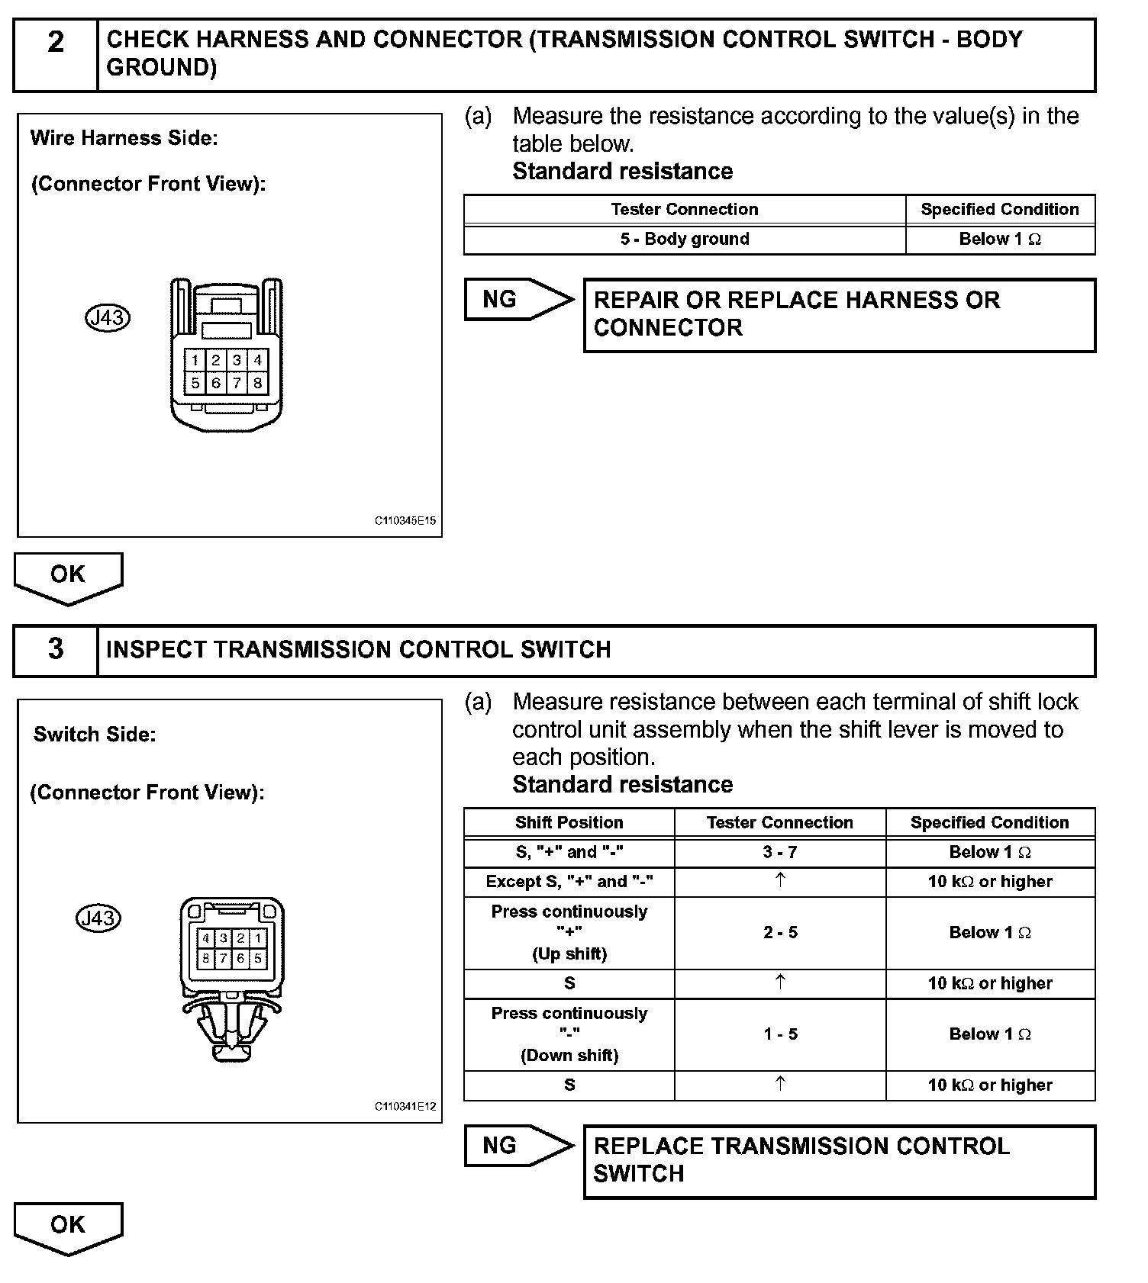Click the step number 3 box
pos(56,650)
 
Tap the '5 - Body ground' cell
pos(684,240)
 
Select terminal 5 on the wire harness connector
pos(195,383)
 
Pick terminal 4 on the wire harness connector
pos(258,360)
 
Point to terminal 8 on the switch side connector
pos(205,958)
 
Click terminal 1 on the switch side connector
pos(258,938)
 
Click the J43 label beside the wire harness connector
pos(108,317)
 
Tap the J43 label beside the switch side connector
pos(98,918)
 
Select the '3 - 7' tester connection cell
pos(779,852)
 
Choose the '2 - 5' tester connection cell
pos(779,932)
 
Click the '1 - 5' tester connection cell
pos(779,1034)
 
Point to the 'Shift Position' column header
pos(569,822)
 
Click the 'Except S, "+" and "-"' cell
pos(569,882)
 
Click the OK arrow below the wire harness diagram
pos(68,577)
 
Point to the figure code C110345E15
pos(405,521)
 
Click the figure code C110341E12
pos(405,1106)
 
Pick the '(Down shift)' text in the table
pos(569,1056)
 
